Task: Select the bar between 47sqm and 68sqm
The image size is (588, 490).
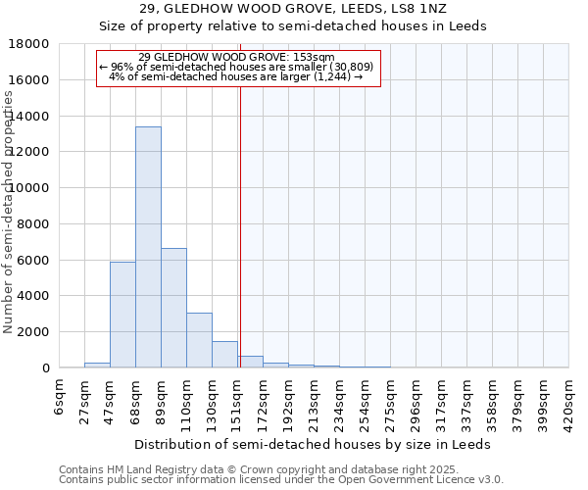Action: coord(122,315)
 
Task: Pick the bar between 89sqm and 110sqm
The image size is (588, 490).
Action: coord(173,308)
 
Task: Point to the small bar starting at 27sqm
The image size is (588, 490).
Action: coord(97,365)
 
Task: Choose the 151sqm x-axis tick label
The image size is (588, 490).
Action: coord(238,399)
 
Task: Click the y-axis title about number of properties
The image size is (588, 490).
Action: coord(10,211)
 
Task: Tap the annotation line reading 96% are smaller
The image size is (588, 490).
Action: coord(237,66)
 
